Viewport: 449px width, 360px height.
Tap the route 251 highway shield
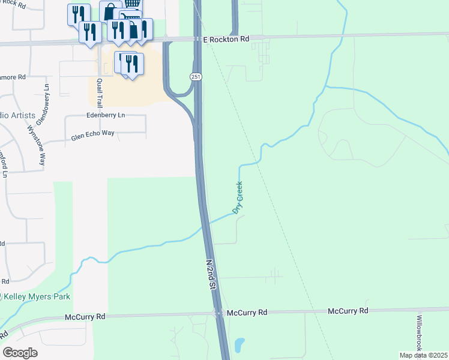(x=196, y=77)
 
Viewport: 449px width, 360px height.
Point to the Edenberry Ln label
(x=106, y=115)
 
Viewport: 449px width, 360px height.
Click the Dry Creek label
(x=238, y=197)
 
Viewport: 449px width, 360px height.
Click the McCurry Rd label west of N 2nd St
(x=85, y=316)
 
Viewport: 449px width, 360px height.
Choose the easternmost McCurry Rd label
(x=348, y=311)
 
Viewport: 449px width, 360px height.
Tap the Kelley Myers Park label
(x=37, y=296)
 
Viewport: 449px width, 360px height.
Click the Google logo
(x=20, y=352)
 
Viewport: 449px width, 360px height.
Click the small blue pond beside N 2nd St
(x=239, y=345)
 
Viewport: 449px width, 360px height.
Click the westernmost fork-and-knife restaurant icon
(x=78, y=14)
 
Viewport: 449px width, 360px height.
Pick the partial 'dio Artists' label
(x=18, y=115)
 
